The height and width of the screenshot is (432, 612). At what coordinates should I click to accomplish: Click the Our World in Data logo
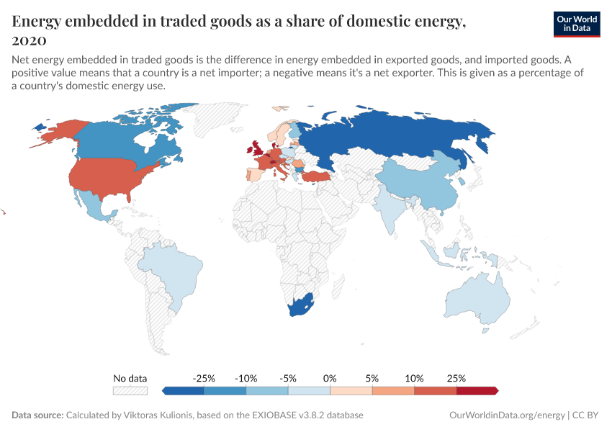(x=576, y=24)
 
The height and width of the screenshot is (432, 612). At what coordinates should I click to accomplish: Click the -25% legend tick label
(x=204, y=378)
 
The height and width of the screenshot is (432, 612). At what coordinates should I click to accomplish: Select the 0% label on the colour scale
(x=330, y=378)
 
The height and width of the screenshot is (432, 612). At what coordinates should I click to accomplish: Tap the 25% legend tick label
(x=456, y=378)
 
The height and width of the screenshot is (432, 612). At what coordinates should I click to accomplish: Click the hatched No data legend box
(x=130, y=390)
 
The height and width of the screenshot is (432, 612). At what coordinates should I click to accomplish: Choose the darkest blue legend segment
(x=184, y=390)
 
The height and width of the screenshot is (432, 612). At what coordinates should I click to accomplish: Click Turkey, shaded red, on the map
(x=318, y=176)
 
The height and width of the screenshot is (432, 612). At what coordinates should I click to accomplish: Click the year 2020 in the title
(x=30, y=41)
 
